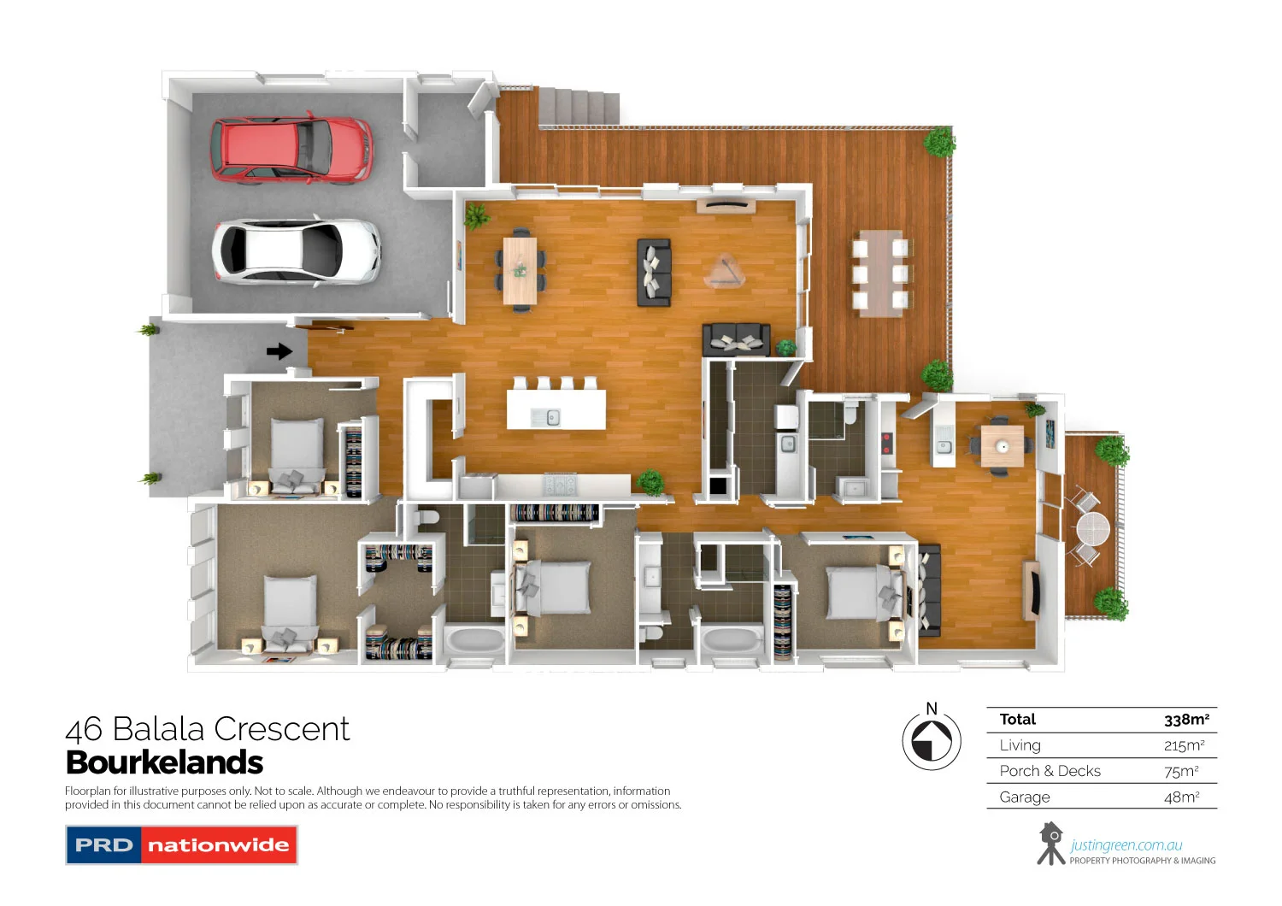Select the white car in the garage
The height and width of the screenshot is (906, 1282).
tap(296, 250)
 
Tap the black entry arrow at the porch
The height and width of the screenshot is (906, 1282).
tap(279, 351)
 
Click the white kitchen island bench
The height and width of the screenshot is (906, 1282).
tap(556, 409)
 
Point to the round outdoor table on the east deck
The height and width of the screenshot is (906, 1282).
tap(1091, 527)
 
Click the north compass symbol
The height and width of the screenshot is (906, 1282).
tap(932, 739)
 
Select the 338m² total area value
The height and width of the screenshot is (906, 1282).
tap(1186, 720)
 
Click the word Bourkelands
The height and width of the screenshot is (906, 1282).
tap(164, 762)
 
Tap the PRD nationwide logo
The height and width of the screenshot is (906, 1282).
tap(181, 844)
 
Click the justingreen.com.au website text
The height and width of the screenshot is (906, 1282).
tap(1126, 844)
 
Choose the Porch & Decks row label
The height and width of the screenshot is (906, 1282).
tap(1050, 771)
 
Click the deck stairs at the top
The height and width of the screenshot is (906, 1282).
tap(579, 105)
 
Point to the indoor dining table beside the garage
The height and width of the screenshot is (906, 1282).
tap(520, 270)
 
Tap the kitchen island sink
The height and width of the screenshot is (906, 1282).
tap(551, 417)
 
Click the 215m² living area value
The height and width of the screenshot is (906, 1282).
tap(1184, 745)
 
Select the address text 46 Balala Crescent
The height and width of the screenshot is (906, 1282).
tap(208, 729)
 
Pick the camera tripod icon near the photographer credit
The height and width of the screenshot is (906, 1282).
tap(1050, 844)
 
